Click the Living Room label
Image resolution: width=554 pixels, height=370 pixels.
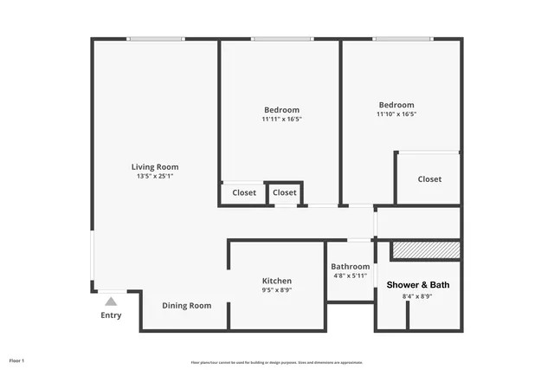155,167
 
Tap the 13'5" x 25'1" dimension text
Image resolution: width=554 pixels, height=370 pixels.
155,177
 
